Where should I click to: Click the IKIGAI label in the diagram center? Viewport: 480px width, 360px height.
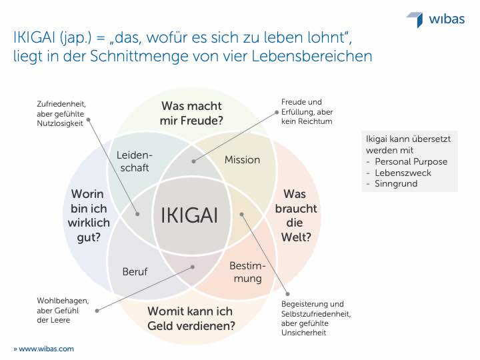click(x=189, y=215)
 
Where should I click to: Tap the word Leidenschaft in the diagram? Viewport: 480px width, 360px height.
click(x=135, y=161)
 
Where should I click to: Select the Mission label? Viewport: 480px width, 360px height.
click(x=242, y=160)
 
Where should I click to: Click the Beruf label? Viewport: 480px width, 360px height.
click(x=135, y=271)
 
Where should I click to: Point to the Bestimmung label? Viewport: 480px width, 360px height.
click(x=247, y=272)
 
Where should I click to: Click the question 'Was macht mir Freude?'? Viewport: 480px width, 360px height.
click(x=191, y=113)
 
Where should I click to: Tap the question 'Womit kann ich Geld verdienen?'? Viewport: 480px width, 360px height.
click(x=191, y=319)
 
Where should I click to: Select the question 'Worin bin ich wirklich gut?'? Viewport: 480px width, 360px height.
click(x=89, y=215)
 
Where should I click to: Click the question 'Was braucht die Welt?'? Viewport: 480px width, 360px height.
click(x=296, y=215)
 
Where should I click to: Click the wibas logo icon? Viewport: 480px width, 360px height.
click(x=415, y=19)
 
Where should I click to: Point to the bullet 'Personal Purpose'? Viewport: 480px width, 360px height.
click(x=411, y=161)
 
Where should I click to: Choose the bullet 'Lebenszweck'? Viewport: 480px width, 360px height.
click(x=403, y=173)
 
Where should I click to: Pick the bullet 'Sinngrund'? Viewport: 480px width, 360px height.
click(x=396, y=184)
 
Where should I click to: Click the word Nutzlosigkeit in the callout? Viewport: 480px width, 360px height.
click(x=60, y=123)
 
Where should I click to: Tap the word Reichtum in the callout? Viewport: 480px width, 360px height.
click(x=315, y=121)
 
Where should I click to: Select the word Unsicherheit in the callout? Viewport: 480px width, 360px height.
click(x=304, y=333)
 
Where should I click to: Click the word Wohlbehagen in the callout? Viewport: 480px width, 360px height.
click(x=63, y=301)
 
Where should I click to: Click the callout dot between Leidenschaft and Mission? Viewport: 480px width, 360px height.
click(x=193, y=161)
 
